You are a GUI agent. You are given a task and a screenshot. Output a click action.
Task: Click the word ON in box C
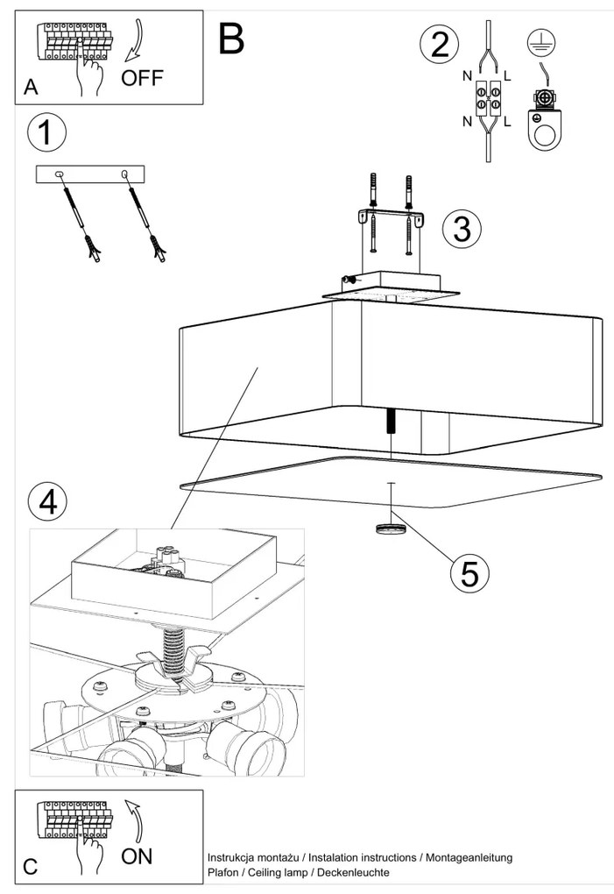coord(137,856)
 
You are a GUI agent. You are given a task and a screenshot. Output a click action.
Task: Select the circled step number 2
coord(438,46)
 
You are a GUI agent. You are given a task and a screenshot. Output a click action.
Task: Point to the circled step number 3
coord(462,228)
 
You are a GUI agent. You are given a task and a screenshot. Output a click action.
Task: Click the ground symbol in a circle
coord(539,41)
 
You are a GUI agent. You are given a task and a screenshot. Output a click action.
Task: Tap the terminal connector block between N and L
coord(488,98)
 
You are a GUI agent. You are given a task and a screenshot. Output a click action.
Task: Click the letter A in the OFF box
coord(32,87)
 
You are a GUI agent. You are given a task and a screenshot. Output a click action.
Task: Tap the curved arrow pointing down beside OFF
coord(135,44)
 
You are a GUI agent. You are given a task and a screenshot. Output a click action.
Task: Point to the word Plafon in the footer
coord(222,873)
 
